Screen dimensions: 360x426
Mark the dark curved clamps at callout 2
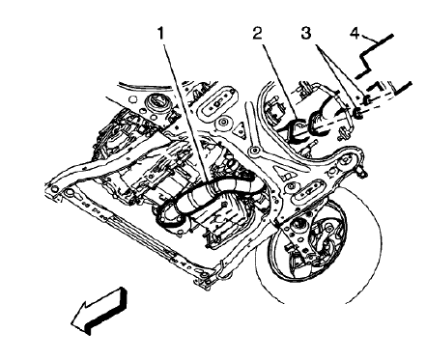pyautogui.click(x=306, y=125)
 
